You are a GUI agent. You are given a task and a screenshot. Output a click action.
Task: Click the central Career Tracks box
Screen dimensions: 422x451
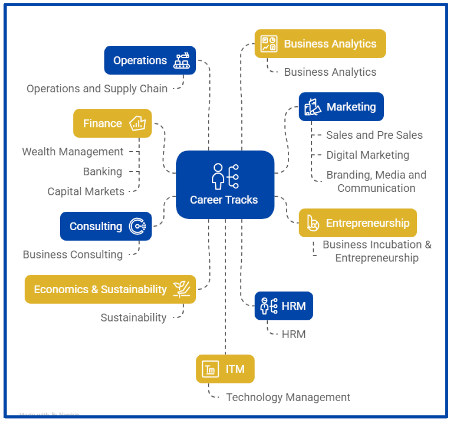click(x=225, y=185)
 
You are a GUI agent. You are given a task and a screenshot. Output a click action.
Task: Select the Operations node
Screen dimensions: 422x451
click(x=150, y=60)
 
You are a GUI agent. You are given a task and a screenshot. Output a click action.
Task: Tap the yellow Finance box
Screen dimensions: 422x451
click(x=112, y=124)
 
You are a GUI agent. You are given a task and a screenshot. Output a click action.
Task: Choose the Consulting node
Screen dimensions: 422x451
click(x=106, y=226)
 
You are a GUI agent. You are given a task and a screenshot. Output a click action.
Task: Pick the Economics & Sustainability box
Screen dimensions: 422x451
click(x=110, y=289)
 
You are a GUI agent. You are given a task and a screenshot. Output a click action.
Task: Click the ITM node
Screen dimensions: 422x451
click(x=225, y=369)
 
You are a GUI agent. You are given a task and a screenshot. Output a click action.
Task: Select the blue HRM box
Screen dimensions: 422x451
click(x=283, y=306)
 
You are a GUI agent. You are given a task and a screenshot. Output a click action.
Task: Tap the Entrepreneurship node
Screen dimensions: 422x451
click(x=357, y=223)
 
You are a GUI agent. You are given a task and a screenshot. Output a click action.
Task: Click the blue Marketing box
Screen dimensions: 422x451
click(x=341, y=107)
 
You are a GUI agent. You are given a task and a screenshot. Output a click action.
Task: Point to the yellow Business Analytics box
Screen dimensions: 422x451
click(x=320, y=44)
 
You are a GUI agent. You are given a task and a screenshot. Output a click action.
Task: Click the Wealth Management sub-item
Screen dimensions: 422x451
click(x=73, y=152)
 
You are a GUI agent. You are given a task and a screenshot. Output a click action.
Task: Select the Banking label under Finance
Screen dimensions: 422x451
click(x=103, y=171)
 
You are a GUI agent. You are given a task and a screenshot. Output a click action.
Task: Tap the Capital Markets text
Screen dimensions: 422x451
click(x=86, y=191)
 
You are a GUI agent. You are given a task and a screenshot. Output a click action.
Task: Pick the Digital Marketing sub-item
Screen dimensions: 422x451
click(x=368, y=155)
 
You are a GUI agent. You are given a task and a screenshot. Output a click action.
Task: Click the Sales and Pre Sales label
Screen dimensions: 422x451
click(x=374, y=135)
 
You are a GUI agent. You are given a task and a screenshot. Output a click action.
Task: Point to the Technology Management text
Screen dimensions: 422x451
click(x=288, y=397)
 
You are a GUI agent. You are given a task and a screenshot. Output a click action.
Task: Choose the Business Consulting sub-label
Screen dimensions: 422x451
click(x=73, y=254)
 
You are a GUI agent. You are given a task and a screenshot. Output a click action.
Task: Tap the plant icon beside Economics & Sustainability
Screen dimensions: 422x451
click(x=182, y=289)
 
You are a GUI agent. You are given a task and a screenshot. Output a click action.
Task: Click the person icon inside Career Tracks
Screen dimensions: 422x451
click(x=218, y=176)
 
